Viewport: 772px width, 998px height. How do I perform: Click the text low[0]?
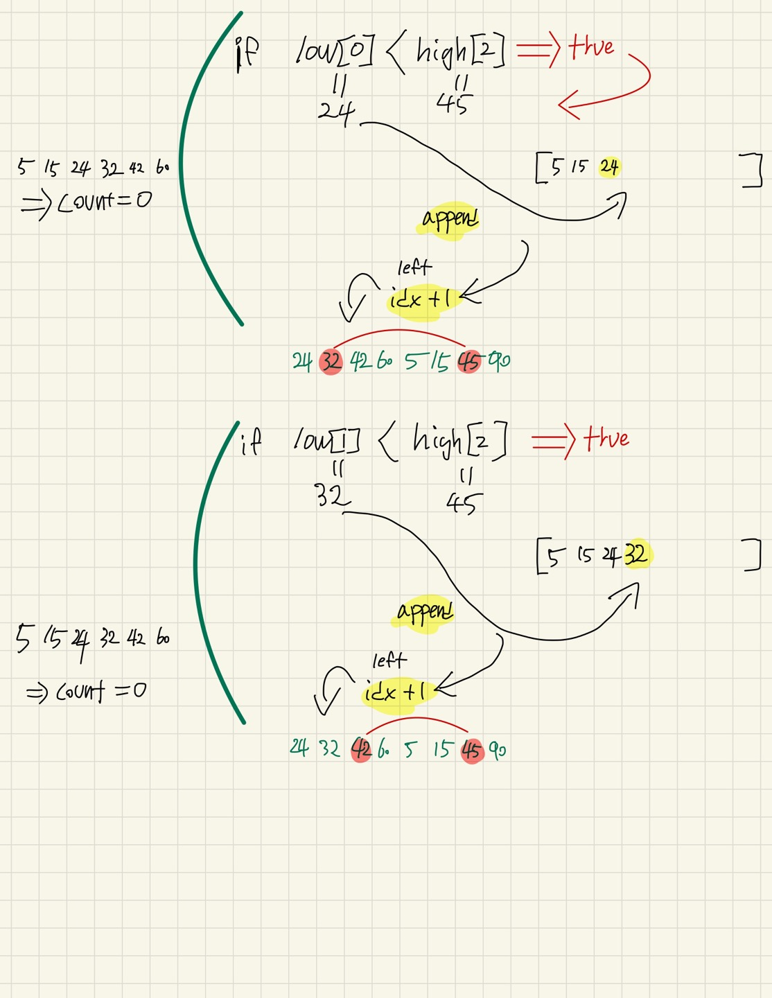[335, 51]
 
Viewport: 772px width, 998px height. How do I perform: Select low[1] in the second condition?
[326, 440]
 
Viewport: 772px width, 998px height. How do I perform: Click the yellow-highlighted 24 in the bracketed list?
[610, 167]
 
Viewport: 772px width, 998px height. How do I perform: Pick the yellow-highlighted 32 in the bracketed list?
[635, 554]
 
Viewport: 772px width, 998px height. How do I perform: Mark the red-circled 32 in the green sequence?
[331, 362]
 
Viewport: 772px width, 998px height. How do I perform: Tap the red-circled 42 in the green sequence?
[361, 749]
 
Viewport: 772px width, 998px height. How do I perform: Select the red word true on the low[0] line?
[591, 47]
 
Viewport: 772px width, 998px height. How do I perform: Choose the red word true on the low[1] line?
[606, 439]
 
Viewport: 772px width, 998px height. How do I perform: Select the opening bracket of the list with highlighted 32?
[540, 557]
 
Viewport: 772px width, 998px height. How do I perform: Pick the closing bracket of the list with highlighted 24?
[753, 170]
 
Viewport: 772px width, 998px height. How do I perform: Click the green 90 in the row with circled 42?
[498, 750]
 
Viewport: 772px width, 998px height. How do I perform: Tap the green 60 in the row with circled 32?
[385, 362]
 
